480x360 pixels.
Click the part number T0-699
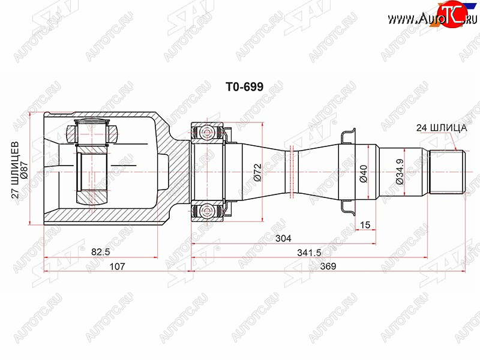point(244,87)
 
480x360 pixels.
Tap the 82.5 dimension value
point(100,252)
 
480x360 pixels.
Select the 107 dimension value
point(117,266)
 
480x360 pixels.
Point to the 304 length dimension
point(283,238)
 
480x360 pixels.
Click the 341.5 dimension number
point(309,253)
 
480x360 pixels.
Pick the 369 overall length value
point(328,266)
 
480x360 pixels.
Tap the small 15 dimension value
point(365,225)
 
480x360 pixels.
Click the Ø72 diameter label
point(257,172)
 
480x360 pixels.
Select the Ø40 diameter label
point(364,173)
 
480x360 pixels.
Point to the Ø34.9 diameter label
point(400,172)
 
